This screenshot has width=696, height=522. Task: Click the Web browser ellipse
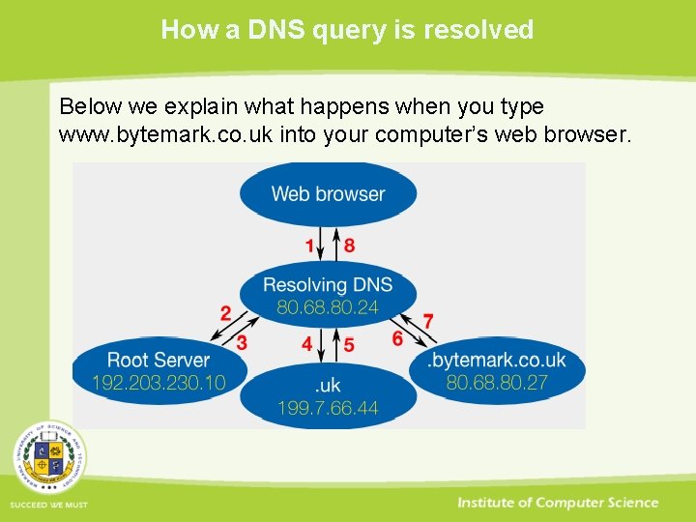coord(328,193)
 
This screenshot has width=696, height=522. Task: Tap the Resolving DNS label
coord(328,284)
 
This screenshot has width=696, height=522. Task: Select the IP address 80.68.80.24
coord(328,307)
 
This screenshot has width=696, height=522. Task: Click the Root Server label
coord(158,361)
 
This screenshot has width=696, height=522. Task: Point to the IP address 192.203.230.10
coord(158,383)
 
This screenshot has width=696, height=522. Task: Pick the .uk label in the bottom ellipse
coord(328,386)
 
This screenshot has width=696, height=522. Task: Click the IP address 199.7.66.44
coord(328,409)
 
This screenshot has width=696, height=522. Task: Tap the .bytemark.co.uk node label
coord(497,361)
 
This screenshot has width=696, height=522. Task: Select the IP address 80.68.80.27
coord(497,383)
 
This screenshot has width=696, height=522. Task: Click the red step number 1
coord(310,246)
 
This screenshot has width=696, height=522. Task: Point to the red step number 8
coord(349,246)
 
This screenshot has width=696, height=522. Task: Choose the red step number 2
coord(225,313)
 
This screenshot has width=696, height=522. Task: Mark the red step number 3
coord(243,342)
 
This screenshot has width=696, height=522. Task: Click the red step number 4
coord(307,344)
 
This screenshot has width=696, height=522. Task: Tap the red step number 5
coord(349,344)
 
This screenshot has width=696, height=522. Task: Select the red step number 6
coord(397,339)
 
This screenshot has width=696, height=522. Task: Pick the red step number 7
coord(428,320)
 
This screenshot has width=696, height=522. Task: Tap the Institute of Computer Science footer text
coord(558,503)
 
